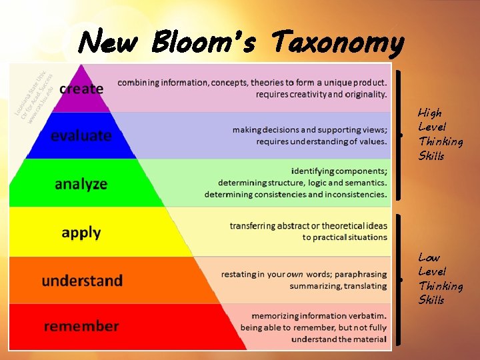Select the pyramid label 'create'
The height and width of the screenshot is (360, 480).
tap(81, 89)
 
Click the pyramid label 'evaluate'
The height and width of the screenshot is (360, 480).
tap(81, 135)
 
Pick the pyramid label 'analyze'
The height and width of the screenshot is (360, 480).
tap(81, 183)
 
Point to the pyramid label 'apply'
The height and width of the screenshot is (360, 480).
tap(81, 233)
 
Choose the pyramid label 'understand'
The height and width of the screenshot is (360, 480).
tap(82, 281)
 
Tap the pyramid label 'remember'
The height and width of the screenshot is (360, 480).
tap(81, 327)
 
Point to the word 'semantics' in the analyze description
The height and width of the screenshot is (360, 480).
tap(363, 183)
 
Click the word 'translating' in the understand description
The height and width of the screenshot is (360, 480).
tap(364, 286)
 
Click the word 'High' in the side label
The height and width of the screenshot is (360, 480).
tap(429, 113)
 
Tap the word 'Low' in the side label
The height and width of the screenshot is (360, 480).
tap(429, 257)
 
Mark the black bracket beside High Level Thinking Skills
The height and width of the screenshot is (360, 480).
tap(399, 135)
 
